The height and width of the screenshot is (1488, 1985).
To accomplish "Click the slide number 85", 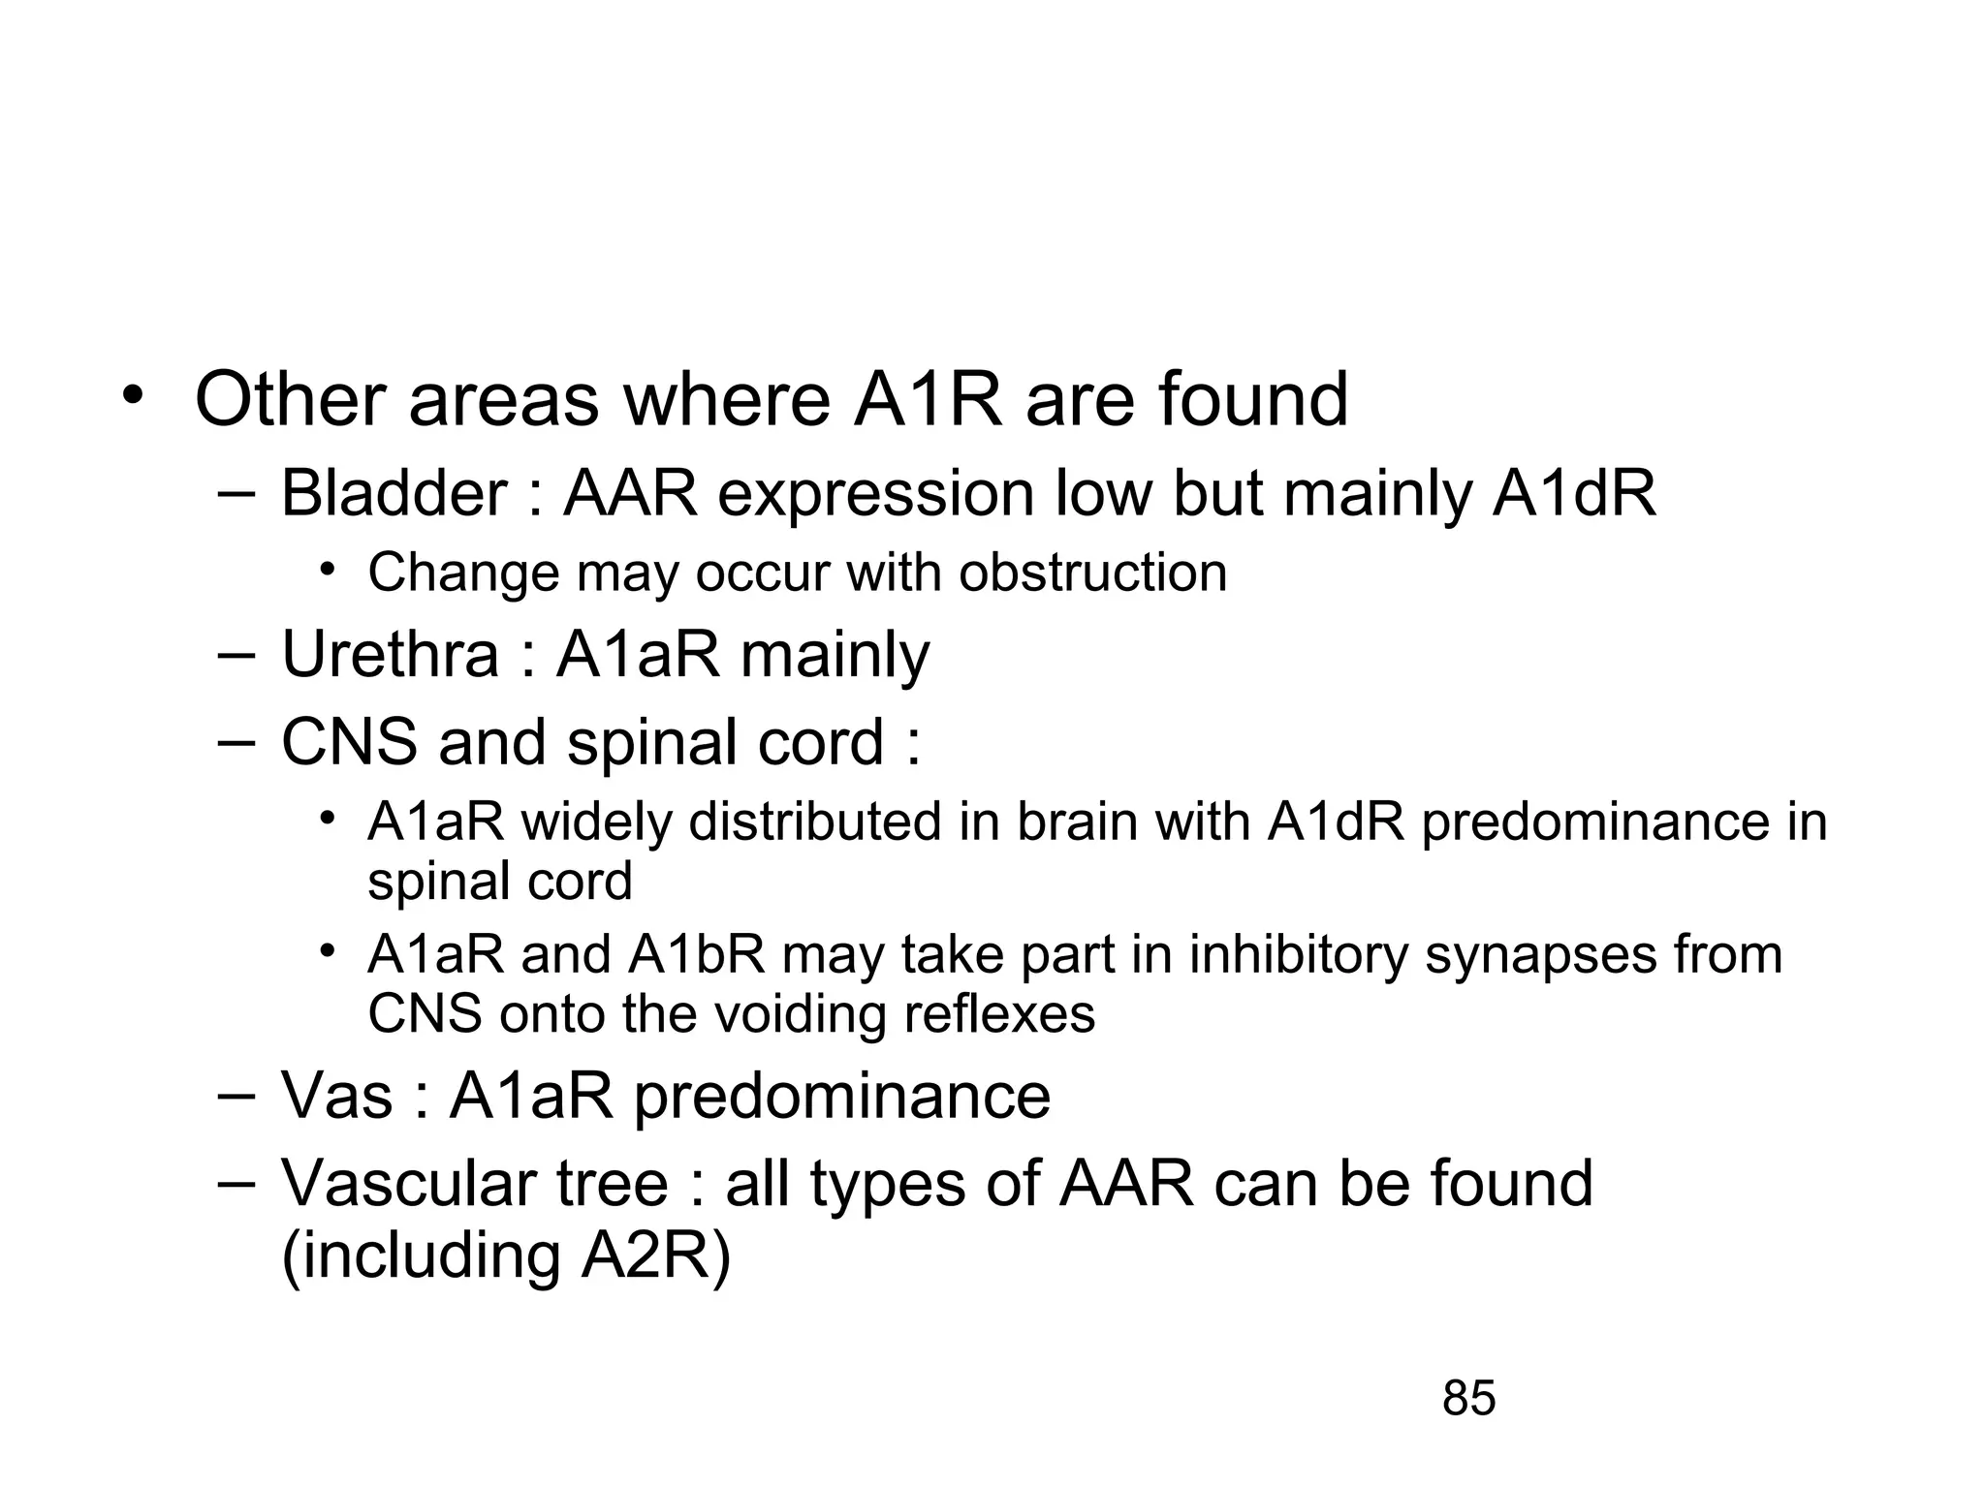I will [1468, 1399].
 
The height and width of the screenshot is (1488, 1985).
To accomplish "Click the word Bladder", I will [394, 494].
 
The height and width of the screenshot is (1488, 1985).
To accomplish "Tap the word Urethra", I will [390, 655].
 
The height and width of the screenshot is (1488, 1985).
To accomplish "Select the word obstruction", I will [1092, 573].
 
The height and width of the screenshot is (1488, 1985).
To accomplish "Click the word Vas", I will [336, 1097].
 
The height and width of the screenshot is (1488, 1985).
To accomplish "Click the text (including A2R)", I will [506, 1255].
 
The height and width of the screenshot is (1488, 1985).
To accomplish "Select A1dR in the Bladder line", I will [1574, 494].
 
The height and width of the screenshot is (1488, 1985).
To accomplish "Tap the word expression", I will [876, 496].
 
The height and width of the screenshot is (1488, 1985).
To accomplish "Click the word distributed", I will [816, 822].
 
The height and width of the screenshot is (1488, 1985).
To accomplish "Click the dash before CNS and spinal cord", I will [235, 742].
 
